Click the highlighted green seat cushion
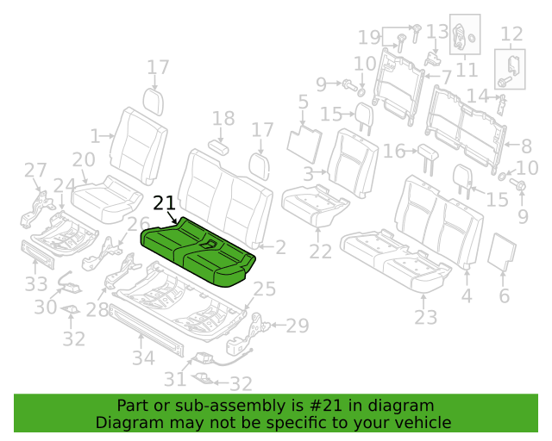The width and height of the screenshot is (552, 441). (198, 252)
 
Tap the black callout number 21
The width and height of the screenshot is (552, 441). (165, 203)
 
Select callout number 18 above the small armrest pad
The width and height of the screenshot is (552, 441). (223, 119)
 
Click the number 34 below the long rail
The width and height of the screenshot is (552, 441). (144, 358)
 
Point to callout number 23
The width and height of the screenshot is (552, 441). (425, 318)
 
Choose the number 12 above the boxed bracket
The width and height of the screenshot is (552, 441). (511, 34)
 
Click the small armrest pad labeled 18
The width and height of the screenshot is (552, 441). (218, 147)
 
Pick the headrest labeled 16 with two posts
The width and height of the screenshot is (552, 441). (429, 158)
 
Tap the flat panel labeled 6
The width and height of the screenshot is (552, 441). (502, 252)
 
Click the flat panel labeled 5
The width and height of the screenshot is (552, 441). (304, 144)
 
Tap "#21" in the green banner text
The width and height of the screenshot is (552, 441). (325, 406)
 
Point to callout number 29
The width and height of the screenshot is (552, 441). (298, 326)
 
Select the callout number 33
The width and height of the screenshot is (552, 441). (36, 283)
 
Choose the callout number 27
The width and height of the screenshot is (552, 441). (35, 171)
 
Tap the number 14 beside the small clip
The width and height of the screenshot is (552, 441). (478, 96)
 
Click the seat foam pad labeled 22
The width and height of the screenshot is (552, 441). (315, 205)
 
